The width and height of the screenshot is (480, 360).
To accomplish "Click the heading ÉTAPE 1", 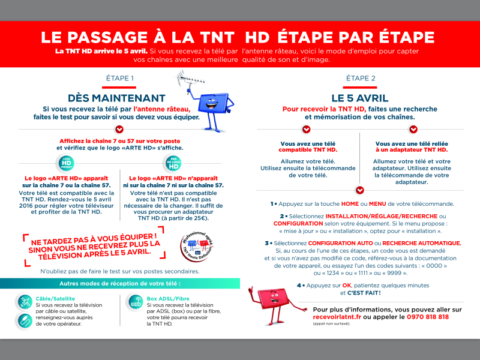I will click(x=119, y=79).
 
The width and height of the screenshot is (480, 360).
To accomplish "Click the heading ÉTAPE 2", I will click(x=361, y=79).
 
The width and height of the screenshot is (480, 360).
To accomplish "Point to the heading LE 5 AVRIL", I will click(x=360, y=98).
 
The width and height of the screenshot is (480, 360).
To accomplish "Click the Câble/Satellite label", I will click(x=55, y=298).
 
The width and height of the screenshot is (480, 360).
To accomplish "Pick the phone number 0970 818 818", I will click(x=428, y=317).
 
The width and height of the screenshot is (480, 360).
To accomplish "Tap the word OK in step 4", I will click(x=347, y=286).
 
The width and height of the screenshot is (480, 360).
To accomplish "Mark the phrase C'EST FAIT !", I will click(x=360, y=293).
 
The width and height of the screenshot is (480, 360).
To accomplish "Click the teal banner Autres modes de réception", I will click(x=119, y=283).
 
